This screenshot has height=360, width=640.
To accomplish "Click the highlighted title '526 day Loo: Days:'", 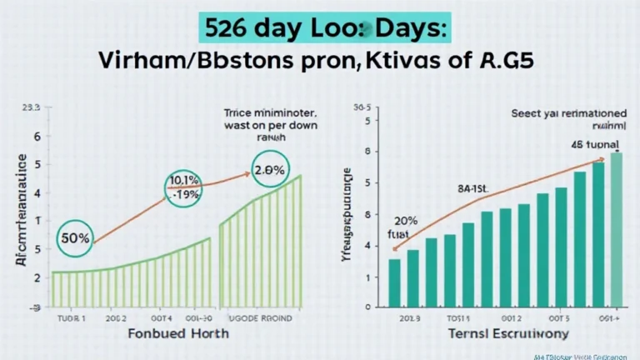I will point(320,26).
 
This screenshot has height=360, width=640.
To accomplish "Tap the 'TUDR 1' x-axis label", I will point(72,317).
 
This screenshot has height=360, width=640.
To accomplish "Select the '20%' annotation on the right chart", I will point(405,222).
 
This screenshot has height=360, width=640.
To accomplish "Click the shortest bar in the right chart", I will point(395,283).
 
